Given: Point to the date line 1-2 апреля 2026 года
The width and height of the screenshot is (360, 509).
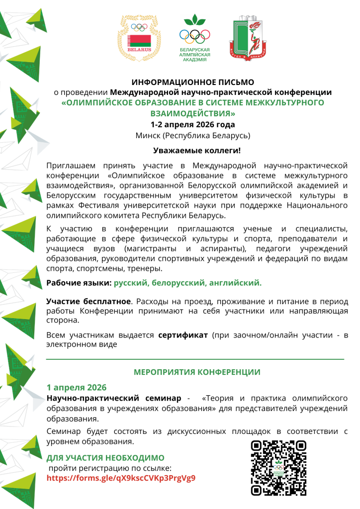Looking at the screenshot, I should pos(193,124).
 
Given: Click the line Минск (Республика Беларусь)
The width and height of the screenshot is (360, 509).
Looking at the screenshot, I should pos(193,135).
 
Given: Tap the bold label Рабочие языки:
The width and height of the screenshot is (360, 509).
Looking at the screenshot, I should pos(79,283).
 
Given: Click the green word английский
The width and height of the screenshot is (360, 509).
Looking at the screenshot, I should pos(234,283).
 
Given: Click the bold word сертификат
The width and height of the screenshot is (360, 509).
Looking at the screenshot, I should pos(183,336).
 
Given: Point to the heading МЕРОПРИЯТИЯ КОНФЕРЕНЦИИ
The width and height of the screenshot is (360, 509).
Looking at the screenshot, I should pos(197,372).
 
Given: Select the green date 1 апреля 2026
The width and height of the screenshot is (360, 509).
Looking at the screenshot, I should pos(77,388).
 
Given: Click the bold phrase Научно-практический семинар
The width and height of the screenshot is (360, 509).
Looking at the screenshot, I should pos(114,399).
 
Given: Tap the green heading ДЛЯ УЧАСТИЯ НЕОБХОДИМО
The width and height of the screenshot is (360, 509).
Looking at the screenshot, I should pos(105,458).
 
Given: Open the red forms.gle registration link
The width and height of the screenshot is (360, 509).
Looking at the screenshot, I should pos(121,478).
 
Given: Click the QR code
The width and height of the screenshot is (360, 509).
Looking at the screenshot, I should pos(278,468).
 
